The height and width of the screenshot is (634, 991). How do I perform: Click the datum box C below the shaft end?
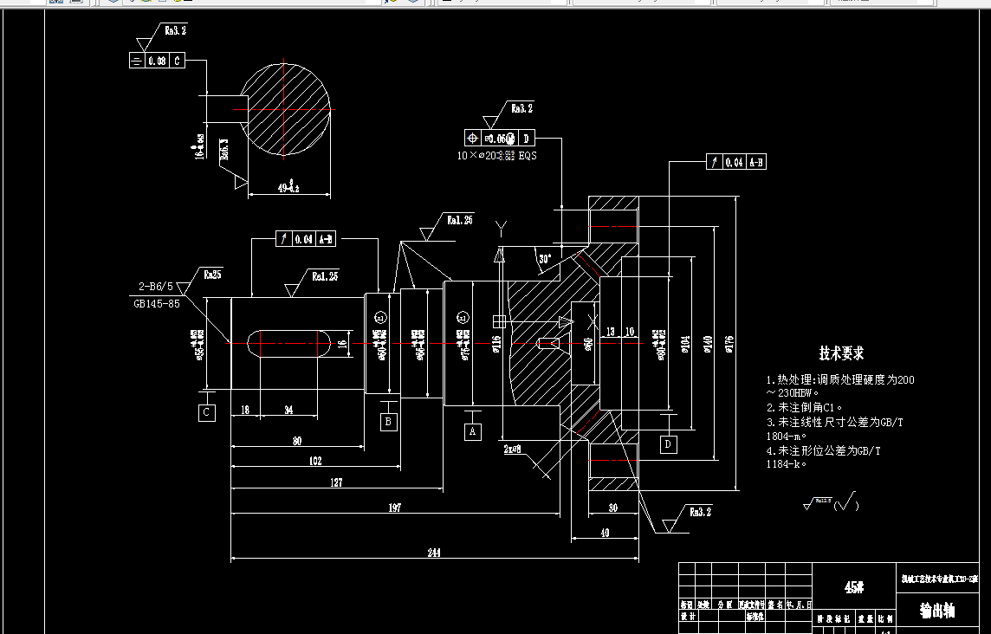coord(207,413)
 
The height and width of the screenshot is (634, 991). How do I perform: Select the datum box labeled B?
coord(389,422)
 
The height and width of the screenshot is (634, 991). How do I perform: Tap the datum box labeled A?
coord(472,430)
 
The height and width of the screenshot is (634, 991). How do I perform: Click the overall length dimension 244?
coord(433,552)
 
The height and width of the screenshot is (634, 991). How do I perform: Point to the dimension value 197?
coord(394,508)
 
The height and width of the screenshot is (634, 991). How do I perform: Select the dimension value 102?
coord(315,462)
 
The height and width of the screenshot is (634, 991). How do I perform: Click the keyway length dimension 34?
coord(288,410)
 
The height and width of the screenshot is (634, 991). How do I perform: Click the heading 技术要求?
coord(841,353)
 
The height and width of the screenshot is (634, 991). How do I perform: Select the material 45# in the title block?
coord(854,587)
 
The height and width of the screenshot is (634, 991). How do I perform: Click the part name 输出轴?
coord(937,611)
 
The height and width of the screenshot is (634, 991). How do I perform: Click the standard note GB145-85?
coord(157,304)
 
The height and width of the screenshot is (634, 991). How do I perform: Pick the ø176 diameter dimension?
coord(729,344)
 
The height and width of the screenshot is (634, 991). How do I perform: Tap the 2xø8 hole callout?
coord(512,450)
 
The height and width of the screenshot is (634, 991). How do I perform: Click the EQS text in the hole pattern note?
coord(528,156)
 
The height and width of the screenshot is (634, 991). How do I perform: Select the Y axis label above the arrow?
coord(500,227)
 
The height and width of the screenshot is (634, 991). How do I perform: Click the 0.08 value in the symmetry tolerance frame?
coord(157,61)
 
